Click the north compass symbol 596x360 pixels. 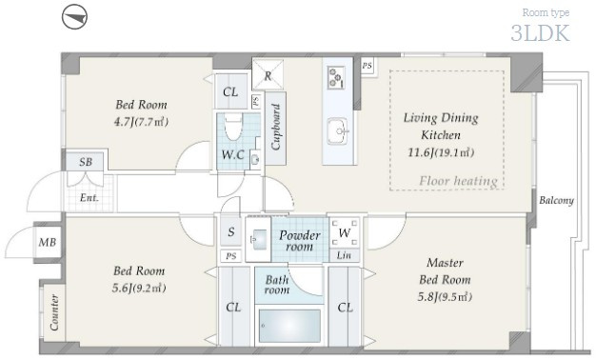[x=74, y=17]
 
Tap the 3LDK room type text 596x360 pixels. [x=540, y=33]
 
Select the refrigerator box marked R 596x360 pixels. [x=268, y=74]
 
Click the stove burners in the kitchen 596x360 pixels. [x=337, y=78]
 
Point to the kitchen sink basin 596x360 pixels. [x=338, y=131]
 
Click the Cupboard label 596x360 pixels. [x=276, y=127]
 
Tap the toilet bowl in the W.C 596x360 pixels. [x=232, y=128]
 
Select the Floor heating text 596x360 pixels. [x=458, y=181]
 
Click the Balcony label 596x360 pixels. [x=556, y=200]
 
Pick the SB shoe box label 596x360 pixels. [x=86, y=162]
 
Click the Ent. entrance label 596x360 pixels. [x=89, y=198]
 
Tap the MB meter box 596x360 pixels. [x=48, y=242]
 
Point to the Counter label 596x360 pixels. [x=54, y=312]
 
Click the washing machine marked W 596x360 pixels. [x=345, y=233]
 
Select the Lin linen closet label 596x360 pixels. [x=344, y=255]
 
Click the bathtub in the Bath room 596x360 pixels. [x=289, y=326]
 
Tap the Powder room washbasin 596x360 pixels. [x=258, y=239]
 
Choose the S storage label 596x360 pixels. [x=231, y=231]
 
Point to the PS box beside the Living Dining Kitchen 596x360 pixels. [x=368, y=66]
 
